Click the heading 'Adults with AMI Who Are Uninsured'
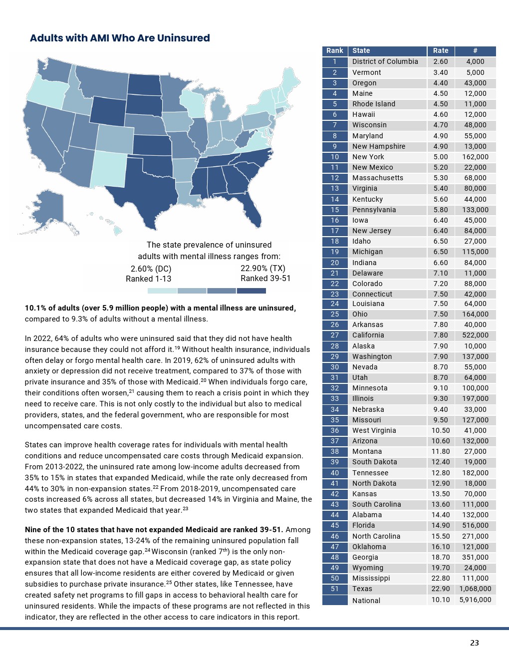120,38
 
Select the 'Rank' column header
334,50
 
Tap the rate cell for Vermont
440,72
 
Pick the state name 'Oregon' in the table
364,83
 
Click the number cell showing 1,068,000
475,589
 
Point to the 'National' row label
366,600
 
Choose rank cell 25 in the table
334,314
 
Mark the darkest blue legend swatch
252,291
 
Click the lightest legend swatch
162,291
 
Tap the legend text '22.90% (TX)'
263,268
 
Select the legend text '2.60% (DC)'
151,269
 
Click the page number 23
474,643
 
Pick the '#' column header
475,50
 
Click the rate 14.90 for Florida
440,525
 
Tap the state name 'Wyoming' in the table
368,568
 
